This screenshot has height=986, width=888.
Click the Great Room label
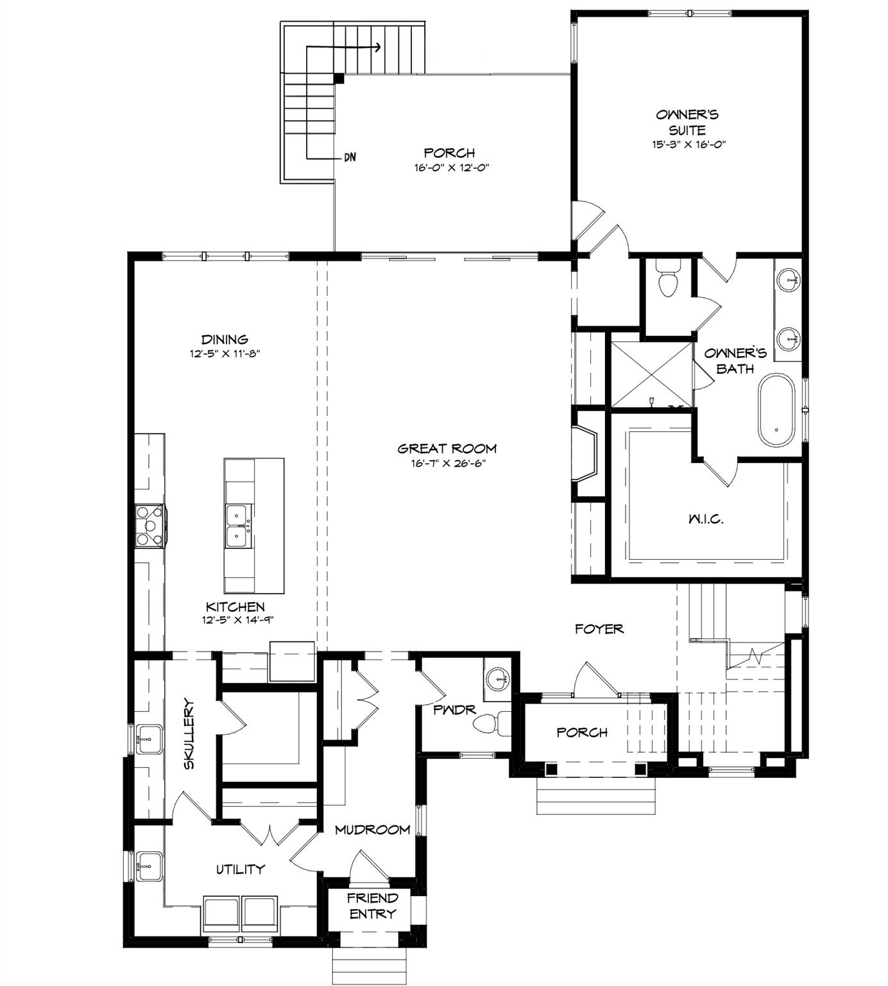[447, 449]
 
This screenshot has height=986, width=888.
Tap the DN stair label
[350, 157]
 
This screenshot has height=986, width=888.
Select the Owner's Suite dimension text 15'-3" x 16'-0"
[688, 144]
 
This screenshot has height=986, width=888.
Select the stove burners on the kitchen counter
[149, 525]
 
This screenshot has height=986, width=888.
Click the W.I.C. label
[706, 519]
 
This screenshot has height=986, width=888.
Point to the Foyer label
[599, 628]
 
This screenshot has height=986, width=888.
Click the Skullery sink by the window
[149, 740]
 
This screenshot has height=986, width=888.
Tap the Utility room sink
[149, 867]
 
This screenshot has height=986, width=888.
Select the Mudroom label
[373, 829]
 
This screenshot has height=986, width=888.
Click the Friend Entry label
[373, 905]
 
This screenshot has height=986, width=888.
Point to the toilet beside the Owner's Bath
[668, 279]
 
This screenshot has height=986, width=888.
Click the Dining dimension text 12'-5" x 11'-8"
[225, 353]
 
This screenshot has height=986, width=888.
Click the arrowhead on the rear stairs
[377, 47]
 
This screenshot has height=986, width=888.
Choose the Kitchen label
[235, 607]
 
